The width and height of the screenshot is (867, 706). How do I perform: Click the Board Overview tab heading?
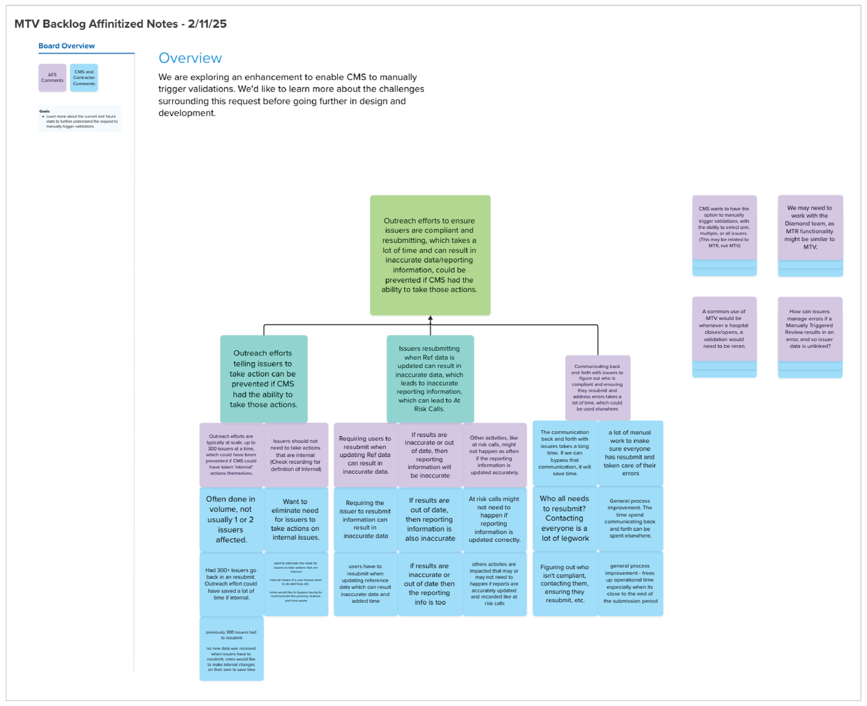click(x=67, y=46)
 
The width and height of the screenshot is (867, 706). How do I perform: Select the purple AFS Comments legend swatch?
click(x=52, y=77)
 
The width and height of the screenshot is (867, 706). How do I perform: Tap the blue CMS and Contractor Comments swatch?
click(x=84, y=77)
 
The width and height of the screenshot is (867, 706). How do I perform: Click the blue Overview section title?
click(x=190, y=58)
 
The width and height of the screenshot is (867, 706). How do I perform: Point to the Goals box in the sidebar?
click(x=80, y=119)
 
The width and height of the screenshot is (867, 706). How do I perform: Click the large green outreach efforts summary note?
click(x=430, y=255)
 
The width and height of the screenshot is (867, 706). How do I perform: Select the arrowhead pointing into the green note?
click(x=430, y=319)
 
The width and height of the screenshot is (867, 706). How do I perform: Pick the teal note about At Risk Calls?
click(x=430, y=379)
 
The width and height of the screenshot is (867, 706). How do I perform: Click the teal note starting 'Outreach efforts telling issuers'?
click(x=263, y=379)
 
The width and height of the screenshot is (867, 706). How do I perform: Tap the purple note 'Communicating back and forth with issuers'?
click(x=597, y=387)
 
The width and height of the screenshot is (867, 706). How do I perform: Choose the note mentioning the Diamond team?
click(x=810, y=227)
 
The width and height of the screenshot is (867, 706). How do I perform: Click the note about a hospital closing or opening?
click(x=724, y=328)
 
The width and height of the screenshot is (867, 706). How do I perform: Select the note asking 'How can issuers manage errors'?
click(x=810, y=328)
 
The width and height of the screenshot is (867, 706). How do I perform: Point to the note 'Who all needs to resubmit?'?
click(x=565, y=518)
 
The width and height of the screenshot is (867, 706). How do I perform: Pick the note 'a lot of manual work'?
click(x=630, y=453)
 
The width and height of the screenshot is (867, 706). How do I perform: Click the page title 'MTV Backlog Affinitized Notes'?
click(x=120, y=24)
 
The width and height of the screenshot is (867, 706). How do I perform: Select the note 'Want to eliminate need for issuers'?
click(x=295, y=520)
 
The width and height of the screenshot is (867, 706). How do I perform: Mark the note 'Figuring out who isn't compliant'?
click(x=565, y=583)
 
